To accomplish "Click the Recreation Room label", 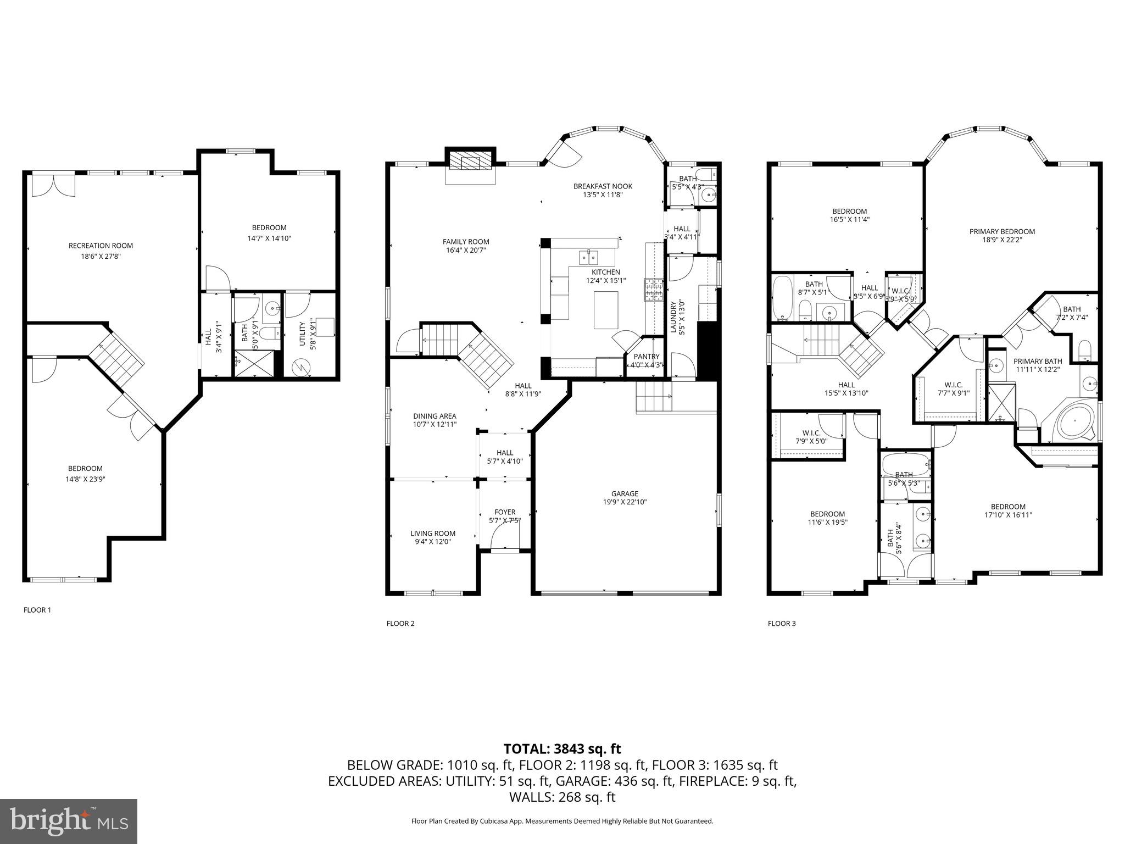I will click(101, 246).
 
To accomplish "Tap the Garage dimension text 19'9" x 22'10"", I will click(625, 502).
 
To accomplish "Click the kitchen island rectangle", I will click(606, 310).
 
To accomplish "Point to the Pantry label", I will click(647, 357).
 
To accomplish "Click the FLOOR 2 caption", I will click(400, 623).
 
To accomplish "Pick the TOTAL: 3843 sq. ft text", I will click(562, 748).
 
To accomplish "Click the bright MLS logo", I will click(69, 821).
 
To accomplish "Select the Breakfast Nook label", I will click(603, 186).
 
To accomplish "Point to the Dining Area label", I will click(435, 416).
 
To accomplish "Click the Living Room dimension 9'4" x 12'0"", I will click(433, 542).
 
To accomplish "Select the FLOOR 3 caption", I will click(781, 623).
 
